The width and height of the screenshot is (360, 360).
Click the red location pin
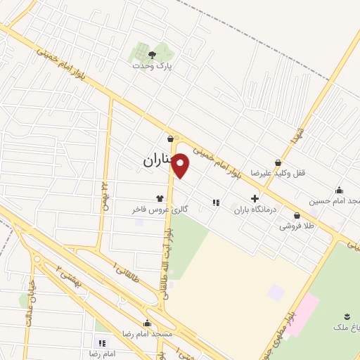[x=181, y=166]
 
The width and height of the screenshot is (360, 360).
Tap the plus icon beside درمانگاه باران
[x=255, y=199]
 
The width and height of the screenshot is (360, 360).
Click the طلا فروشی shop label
[x=296, y=226]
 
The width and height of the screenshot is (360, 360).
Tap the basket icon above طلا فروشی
[x=297, y=216]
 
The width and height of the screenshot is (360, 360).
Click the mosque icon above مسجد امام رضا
[x=147, y=323]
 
